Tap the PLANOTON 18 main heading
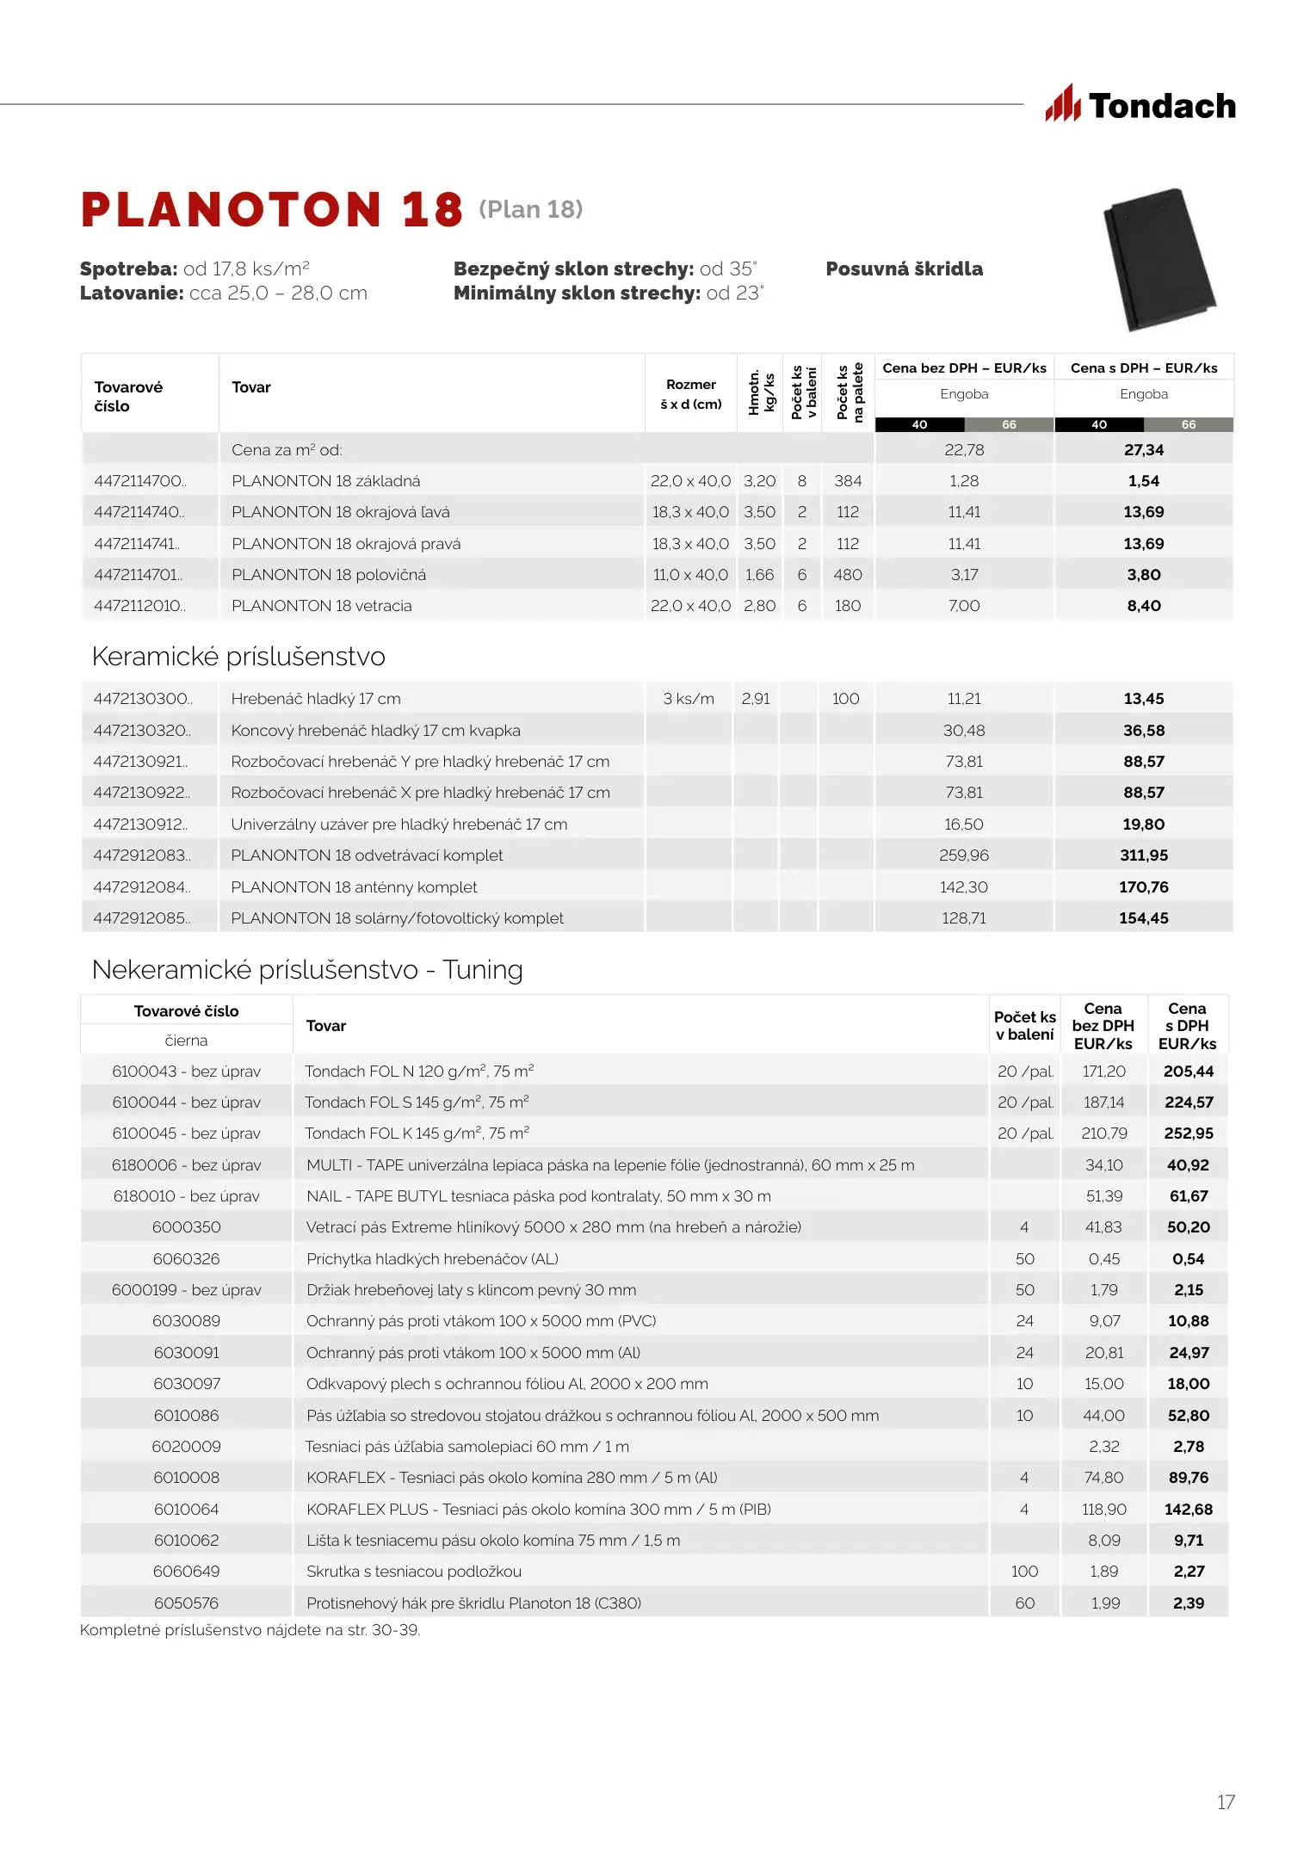pos(272,210)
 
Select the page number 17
pos(1226,1801)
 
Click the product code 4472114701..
pos(139,575)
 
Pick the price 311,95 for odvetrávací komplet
pos(1143,855)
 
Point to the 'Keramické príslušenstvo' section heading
pos(238,657)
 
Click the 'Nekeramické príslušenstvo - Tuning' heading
pos(307,970)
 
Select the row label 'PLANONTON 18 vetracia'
pos(321,606)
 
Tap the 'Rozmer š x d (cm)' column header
pos(690,394)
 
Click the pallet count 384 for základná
pos(847,481)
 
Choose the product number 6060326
pos(186,1259)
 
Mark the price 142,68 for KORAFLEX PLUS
pos(1188,1510)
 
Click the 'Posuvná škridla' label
pos(904,269)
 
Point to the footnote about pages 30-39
pos(250,1630)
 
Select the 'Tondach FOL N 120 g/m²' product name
pos(419,1072)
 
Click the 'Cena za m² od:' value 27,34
pos(1143,450)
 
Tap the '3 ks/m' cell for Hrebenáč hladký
pos(689,699)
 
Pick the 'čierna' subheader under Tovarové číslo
pos(186,1041)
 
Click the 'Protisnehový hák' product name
pos(473,1603)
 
